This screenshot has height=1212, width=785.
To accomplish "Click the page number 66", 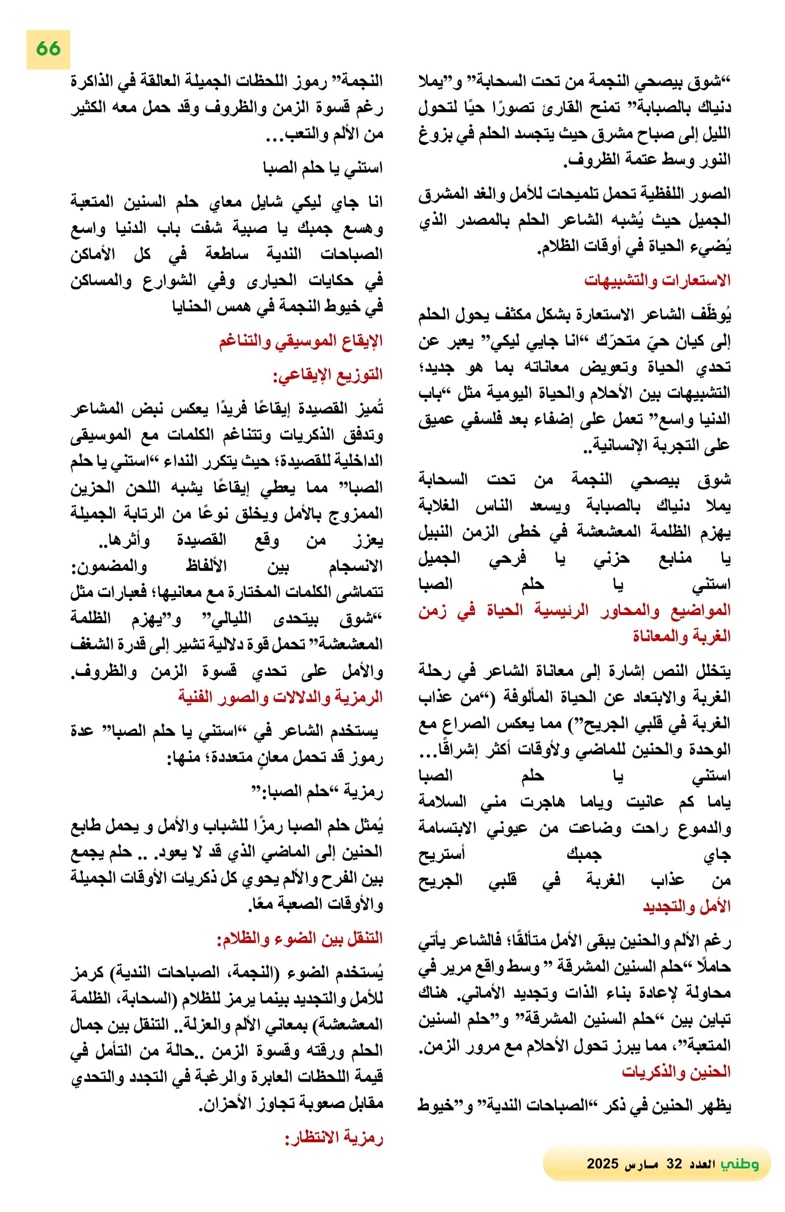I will click(48, 49).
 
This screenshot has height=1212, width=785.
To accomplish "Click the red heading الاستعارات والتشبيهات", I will click(657, 281).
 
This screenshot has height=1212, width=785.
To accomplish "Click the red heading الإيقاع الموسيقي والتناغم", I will click(301, 341).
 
